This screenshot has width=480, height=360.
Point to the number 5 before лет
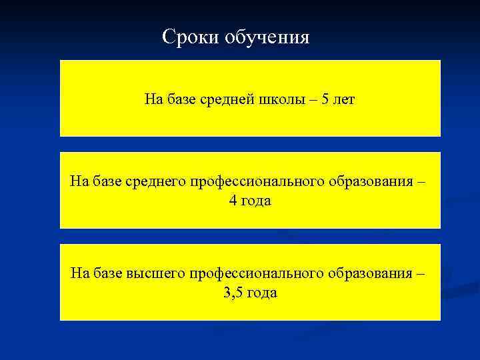click(325, 100)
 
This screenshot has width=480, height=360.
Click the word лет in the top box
click(345, 100)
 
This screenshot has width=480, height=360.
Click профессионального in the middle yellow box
click(257, 182)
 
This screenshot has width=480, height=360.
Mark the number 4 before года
click(232, 201)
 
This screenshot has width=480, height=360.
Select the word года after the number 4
click(257, 201)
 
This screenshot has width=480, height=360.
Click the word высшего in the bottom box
click(155, 273)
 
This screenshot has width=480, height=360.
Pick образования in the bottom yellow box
click(368, 273)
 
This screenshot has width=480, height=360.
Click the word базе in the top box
click(177, 100)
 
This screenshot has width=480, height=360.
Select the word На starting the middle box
click(79, 182)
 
